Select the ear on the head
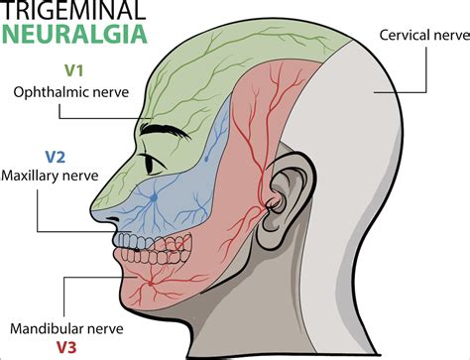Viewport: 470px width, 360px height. click(x=288, y=193)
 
